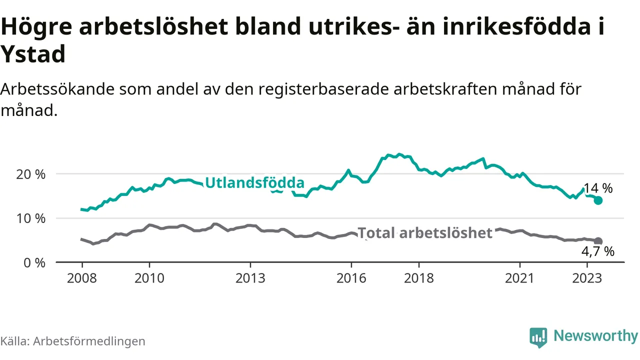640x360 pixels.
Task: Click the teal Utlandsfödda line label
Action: click(x=254, y=182)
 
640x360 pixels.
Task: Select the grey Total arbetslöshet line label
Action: click(x=425, y=232)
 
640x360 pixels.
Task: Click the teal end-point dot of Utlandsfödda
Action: click(x=598, y=200)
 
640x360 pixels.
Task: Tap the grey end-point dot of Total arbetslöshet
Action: click(x=598, y=241)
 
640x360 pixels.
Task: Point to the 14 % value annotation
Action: click(x=598, y=188)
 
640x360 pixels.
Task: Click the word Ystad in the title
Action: click(x=33, y=54)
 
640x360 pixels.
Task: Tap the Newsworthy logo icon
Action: click(x=538, y=337)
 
